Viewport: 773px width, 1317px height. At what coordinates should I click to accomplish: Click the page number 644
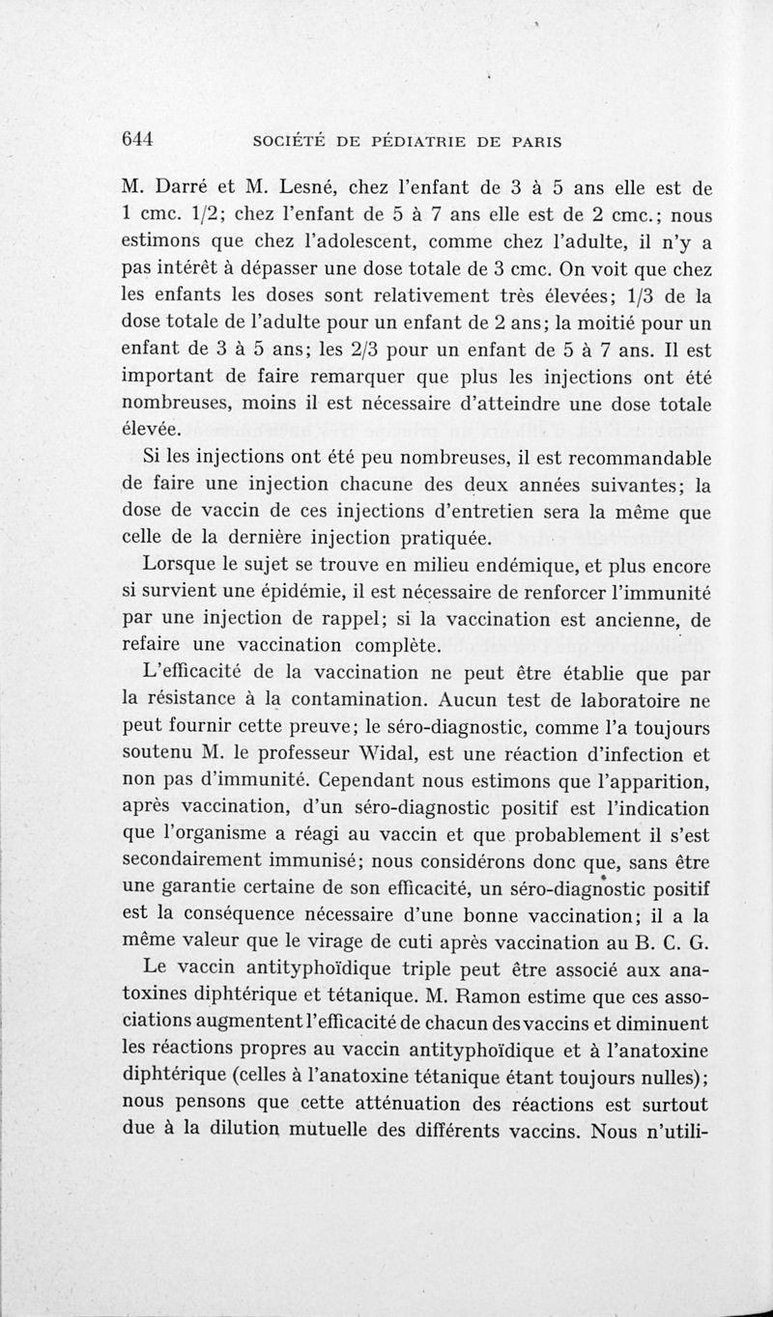tap(139, 138)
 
